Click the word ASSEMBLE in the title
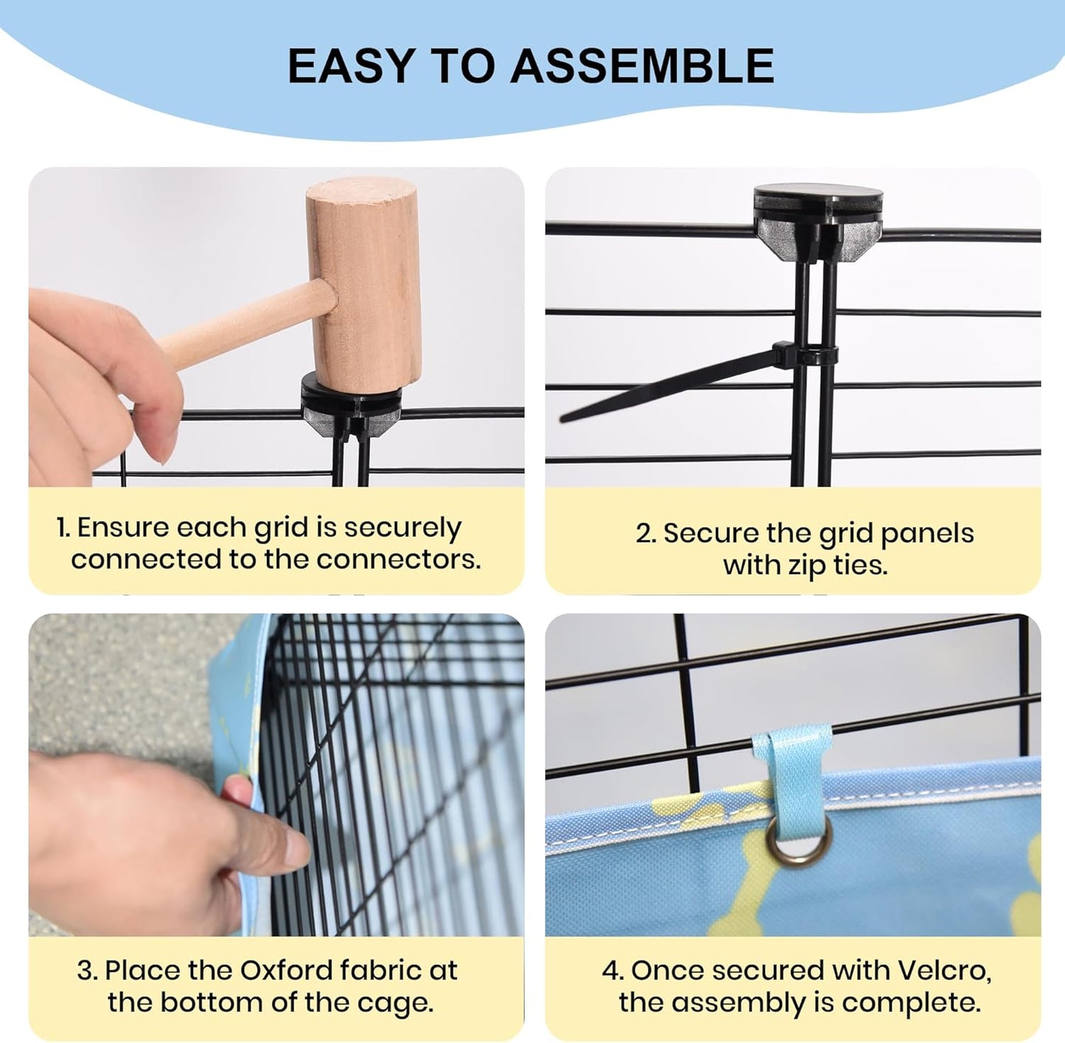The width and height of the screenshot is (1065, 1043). [x=642, y=66]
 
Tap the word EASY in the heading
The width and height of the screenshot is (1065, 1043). [x=352, y=66]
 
